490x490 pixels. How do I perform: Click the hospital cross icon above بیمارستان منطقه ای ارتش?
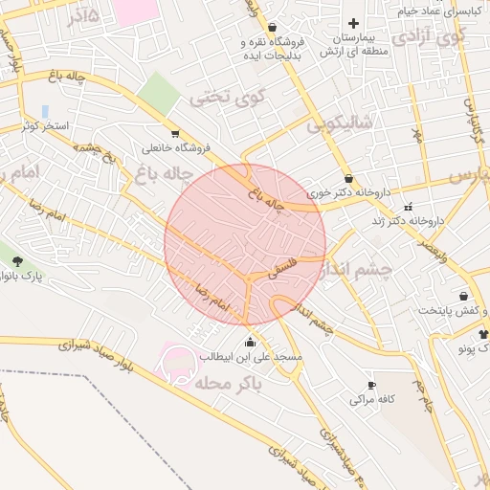coord(354,23)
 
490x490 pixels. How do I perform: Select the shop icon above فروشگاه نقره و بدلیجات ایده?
coord(274,28)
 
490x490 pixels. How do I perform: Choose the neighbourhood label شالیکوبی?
coord(340,123)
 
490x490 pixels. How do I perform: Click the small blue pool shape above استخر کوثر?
coord(45,112)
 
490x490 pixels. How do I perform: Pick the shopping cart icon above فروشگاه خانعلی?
coord(174,133)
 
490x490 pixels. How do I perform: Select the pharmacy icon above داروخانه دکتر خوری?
coord(348,177)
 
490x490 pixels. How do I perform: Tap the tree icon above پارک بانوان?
coord(17,260)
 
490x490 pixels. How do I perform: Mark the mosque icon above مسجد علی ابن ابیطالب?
coord(251,342)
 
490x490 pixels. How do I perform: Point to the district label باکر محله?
coord(228,383)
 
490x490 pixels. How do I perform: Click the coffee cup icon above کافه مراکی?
coord(372,385)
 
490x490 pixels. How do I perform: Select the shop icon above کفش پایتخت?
coord(464,297)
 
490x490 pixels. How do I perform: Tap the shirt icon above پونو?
coord(482,334)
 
